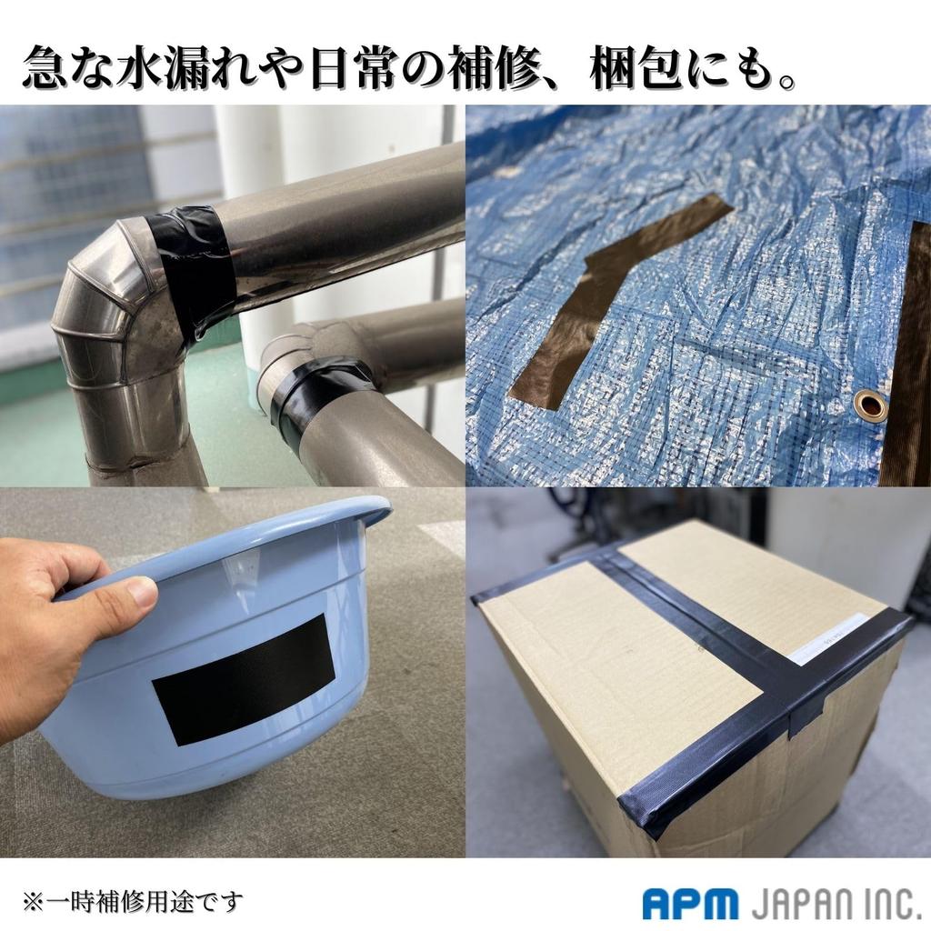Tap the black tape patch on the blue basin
pos(244,679)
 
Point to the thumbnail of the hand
pos(142,592)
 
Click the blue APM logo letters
pos(690,903)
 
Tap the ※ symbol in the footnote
pos(34,902)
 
